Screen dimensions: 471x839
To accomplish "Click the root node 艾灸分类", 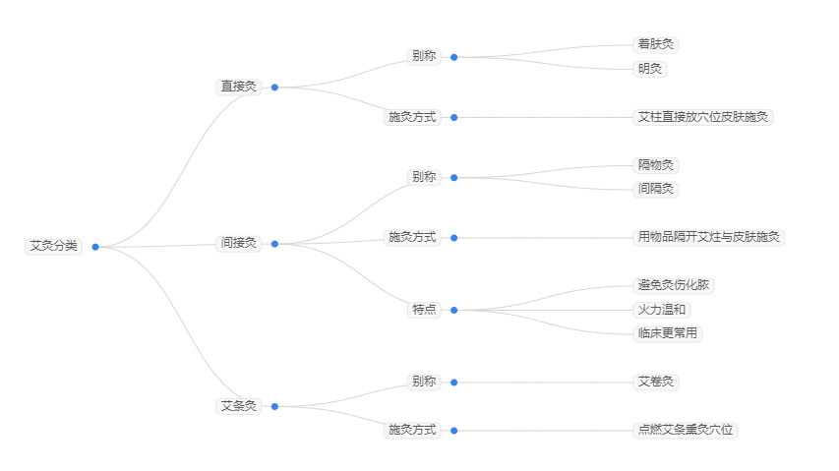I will [53, 246].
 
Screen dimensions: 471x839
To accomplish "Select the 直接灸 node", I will [238, 87].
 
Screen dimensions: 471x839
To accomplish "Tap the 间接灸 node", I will [238, 243].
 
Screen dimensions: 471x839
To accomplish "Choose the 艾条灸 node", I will [238, 406].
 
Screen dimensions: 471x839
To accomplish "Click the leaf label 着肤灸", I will [657, 44].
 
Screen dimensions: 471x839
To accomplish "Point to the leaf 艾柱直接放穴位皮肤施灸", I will [703, 117].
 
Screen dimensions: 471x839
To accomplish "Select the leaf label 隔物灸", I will [657, 165].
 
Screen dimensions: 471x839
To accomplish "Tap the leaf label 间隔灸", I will [657, 189].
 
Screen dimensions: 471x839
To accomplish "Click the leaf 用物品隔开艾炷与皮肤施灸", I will [709, 237].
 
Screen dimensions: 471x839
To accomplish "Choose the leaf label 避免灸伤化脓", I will [674, 285].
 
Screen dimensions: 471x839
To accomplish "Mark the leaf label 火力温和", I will [663, 310].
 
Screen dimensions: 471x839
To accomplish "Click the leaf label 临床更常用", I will [668, 333].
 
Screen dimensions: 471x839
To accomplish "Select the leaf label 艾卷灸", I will [657, 382].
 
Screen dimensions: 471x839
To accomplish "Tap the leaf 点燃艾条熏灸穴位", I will [686, 430].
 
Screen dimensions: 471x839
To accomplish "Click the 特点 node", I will [424, 310].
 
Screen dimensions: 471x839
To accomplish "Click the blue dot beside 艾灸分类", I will [95, 247].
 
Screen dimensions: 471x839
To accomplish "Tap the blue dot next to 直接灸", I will [274, 88].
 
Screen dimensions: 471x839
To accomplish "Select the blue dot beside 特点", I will [453, 310].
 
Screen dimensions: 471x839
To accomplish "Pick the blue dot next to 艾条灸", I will [274, 406].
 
